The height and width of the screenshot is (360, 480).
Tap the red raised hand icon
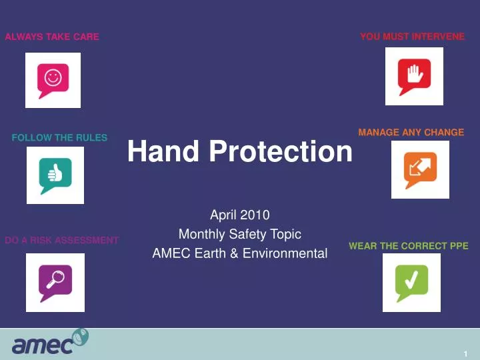point(413,77)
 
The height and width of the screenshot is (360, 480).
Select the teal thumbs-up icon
point(55,175)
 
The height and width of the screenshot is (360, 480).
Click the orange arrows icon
point(420,169)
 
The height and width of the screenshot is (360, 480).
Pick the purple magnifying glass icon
point(55,282)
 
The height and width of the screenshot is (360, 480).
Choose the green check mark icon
point(411,282)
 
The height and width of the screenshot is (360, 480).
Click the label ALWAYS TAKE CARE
point(52,37)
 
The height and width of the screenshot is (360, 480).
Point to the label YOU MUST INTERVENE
point(412,37)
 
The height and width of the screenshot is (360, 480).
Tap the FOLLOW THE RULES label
point(59,138)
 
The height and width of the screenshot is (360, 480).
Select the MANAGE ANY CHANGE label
point(411,133)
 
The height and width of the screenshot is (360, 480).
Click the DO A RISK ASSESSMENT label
point(61,240)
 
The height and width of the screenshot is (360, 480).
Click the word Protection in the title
point(280,152)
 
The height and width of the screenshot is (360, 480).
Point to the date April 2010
point(239,215)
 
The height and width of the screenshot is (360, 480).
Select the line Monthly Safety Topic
point(239,234)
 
